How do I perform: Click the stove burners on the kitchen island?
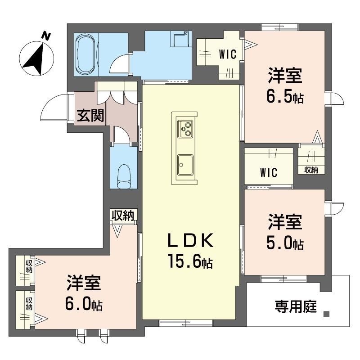tap(185, 129)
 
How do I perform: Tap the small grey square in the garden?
tap(326, 314)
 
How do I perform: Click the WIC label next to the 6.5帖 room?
tap(228, 54)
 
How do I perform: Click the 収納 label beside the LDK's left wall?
tap(123, 216)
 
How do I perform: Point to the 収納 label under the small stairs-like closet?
tap(311, 170)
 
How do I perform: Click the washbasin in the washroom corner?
tap(181, 40)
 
